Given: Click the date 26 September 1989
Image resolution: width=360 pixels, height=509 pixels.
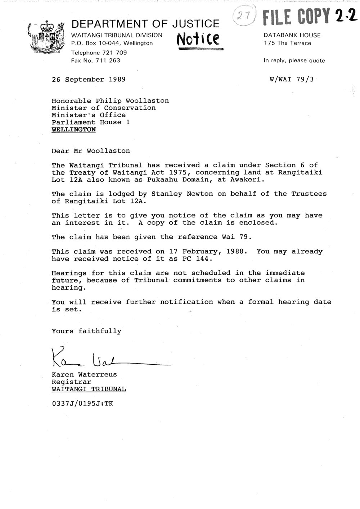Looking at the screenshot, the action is [89, 80].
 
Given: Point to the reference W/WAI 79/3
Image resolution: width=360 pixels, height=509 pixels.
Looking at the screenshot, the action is [291, 79].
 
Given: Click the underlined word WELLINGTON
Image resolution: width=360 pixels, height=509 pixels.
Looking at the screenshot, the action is [74, 130].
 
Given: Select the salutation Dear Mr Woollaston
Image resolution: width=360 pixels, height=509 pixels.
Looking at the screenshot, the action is [91, 151].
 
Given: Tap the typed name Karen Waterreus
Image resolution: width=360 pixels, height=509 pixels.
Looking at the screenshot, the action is [84, 374].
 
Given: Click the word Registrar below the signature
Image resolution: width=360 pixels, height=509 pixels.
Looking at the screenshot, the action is [71, 382].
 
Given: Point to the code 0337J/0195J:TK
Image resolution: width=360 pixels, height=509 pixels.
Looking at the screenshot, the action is [82, 404].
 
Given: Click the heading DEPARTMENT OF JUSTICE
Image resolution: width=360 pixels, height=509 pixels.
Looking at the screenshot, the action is [145, 24].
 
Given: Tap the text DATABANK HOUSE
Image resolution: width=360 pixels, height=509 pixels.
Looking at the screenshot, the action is [292, 35].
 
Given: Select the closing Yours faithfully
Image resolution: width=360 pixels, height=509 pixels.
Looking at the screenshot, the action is [86, 331].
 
